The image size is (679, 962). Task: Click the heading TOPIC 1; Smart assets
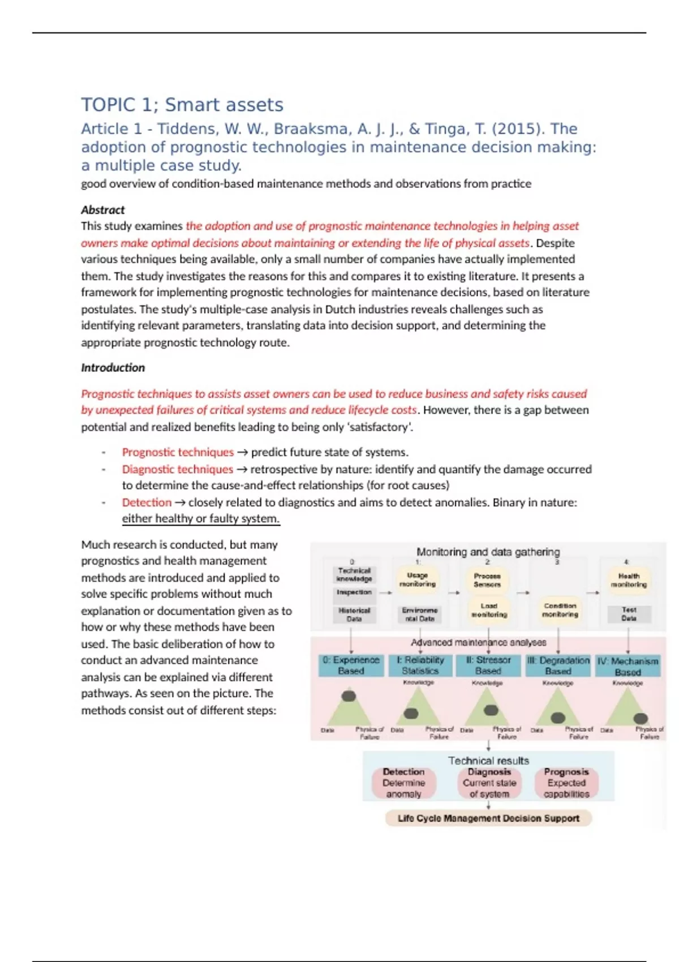[x=182, y=105]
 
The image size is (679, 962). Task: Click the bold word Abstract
[x=102, y=210]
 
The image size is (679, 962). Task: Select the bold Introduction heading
[x=113, y=368]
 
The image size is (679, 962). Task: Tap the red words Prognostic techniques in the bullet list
[x=178, y=452]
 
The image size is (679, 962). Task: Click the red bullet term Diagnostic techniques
[x=177, y=469]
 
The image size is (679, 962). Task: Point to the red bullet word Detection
[x=147, y=503]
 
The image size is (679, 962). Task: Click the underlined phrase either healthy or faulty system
[x=201, y=519]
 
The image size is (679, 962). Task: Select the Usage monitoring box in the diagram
[x=418, y=579]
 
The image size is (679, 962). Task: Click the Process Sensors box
[x=487, y=579]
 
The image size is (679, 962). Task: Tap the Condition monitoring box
[x=560, y=610]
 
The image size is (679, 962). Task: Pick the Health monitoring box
[x=629, y=580]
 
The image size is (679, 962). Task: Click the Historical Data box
[x=354, y=615]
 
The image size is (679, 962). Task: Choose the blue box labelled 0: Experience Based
[x=351, y=665]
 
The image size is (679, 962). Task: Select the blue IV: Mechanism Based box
[x=628, y=667]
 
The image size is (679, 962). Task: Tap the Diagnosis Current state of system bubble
[x=489, y=783]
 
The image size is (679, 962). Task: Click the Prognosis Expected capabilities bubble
[x=566, y=783]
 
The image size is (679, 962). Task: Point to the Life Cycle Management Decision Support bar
[x=488, y=818]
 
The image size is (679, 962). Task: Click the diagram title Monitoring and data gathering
[x=488, y=552]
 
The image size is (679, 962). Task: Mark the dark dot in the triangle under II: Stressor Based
[x=491, y=710]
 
